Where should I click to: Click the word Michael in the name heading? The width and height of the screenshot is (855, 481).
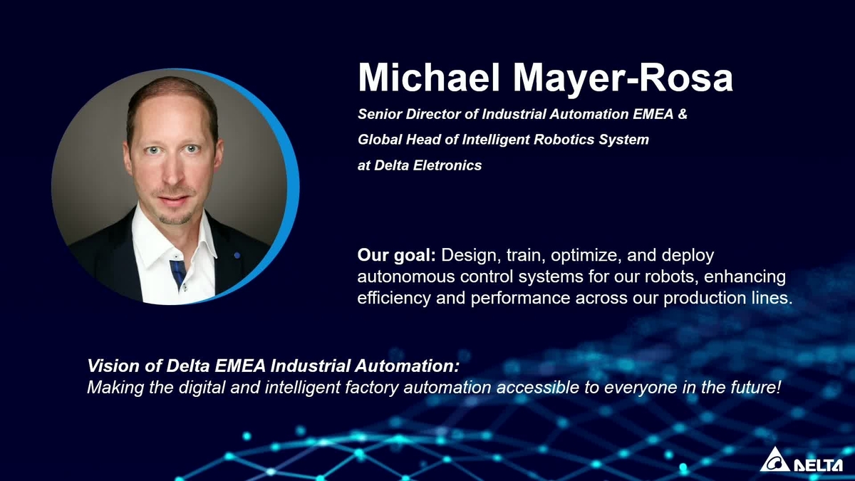(429, 78)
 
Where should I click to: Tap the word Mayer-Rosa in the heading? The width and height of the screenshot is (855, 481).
(623, 79)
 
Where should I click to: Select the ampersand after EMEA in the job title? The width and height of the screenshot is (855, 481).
(683, 114)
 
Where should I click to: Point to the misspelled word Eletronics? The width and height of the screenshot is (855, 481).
(447, 165)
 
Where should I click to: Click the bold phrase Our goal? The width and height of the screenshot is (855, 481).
(397, 255)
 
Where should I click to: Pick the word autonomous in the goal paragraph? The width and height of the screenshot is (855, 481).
(406, 276)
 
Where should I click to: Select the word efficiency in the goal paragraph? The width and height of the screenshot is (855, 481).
(394, 298)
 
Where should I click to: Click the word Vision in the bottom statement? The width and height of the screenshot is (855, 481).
(113, 366)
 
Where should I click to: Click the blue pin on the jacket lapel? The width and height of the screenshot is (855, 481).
(237, 255)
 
